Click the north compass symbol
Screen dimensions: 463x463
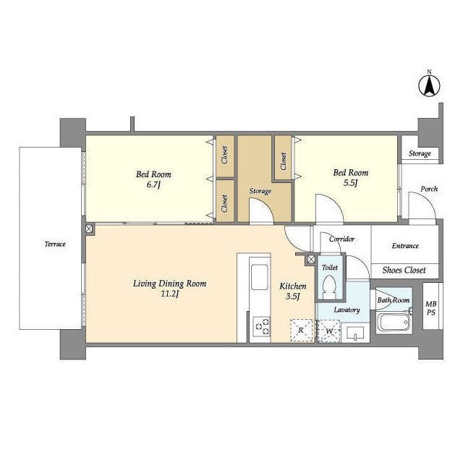[429, 85]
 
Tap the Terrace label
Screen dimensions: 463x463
[55, 245]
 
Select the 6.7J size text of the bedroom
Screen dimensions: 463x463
[153, 185]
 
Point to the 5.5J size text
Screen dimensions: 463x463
[350, 183]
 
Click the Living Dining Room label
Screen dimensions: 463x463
[169, 284]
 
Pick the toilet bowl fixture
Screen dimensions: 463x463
[329, 287]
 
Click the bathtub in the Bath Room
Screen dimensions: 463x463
[393, 322]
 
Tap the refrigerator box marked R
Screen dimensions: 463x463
[302, 331]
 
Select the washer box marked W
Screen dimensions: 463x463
[329, 331]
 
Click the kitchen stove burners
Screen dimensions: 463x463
[262, 326]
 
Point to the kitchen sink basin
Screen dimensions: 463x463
[260, 277]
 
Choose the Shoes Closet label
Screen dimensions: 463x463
[404, 270]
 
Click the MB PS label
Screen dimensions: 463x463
[431, 308]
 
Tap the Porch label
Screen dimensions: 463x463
[429, 189]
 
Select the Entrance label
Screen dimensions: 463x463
[405, 246]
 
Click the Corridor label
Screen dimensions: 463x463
[341, 239]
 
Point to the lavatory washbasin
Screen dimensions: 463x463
[355, 333]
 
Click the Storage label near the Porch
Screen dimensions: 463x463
[420, 153]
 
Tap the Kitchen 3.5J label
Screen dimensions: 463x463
[292, 291]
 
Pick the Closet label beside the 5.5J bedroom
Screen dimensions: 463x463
[284, 161]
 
